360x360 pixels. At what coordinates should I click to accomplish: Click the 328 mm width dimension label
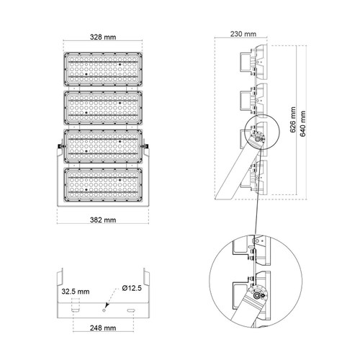103,37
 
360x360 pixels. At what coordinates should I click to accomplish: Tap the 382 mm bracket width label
103,220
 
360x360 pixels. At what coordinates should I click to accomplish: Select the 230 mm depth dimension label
243,34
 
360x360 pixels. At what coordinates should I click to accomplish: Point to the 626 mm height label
293,120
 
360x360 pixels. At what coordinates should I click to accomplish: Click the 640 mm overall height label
303,124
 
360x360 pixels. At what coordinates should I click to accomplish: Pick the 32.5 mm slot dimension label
76,292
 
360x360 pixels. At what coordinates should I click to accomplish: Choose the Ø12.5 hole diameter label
132,288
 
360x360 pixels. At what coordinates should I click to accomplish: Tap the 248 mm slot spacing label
103,328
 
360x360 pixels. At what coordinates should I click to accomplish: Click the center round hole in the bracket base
104,310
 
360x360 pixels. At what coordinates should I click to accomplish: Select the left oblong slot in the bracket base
76,310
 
